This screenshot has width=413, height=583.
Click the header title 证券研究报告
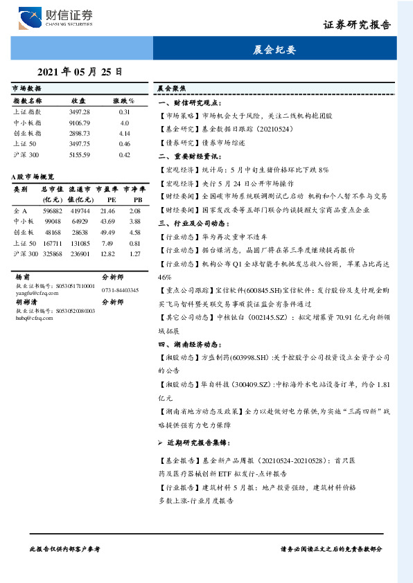(358, 24)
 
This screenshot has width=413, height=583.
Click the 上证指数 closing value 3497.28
(80, 112)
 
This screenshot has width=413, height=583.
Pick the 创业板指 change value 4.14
(125, 133)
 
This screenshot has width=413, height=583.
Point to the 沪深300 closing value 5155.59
(80, 154)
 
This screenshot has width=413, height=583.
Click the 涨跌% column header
(124, 101)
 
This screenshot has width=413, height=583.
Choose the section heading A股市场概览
(33, 178)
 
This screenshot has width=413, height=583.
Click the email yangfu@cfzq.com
(33, 292)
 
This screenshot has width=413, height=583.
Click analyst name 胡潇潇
(26, 303)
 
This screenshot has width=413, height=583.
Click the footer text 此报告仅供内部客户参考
(65, 548)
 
